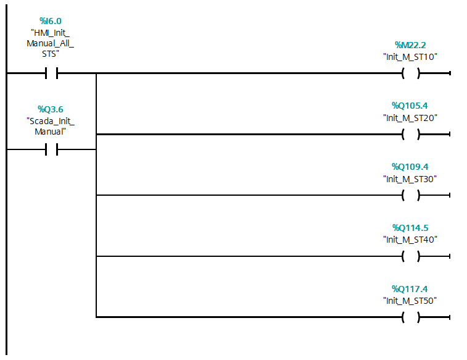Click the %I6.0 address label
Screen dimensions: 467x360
pyautogui.click(x=51, y=21)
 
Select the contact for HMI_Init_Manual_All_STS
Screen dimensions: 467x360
pyautogui.click(x=52, y=73)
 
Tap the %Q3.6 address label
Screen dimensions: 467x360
pyautogui.click(x=51, y=109)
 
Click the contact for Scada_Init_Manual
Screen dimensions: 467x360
pyautogui.click(x=52, y=149)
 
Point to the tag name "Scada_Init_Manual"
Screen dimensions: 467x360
pyautogui.click(x=51, y=126)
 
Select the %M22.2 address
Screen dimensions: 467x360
pyautogui.click(x=410, y=45)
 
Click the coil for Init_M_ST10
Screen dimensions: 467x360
pyautogui.click(x=411, y=73)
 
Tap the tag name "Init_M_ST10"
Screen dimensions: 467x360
pyautogui.click(x=410, y=57)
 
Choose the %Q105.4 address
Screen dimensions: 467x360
pyautogui.click(x=410, y=106)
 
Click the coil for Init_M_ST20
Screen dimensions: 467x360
pyautogui.click(x=411, y=135)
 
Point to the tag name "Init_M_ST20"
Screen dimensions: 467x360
pyautogui.click(x=410, y=118)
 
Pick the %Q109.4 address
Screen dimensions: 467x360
pyautogui.click(x=410, y=167)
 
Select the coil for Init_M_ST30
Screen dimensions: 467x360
pyautogui.click(x=411, y=195)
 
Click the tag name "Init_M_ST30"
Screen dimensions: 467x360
pyautogui.click(x=410, y=179)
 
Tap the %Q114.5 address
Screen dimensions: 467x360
pyautogui.click(x=410, y=228)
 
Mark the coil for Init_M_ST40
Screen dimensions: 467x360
pyautogui.click(x=411, y=256)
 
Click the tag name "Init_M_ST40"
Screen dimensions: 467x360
pyautogui.click(x=410, y=240)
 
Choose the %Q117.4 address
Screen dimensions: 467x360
pyautogui.click(x=410, y=289)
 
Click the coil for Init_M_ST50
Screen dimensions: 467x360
pyautogui.click(x=411, y=317)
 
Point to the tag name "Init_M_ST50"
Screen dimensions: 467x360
pyautogui.click(x=410, y=301)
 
